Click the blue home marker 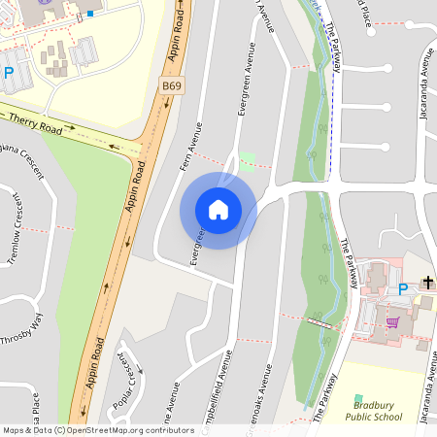coord(218,209)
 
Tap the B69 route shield coord(172,86)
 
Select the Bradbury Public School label coord(373,411)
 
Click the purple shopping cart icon coord(393,321)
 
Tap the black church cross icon coord(427,283)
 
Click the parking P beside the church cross coord(403,288)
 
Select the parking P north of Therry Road coord(8,73)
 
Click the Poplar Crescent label coord(125,380)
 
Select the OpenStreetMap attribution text coord(97,430)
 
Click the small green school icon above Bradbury coord(358,398)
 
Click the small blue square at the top coord(90,14)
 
